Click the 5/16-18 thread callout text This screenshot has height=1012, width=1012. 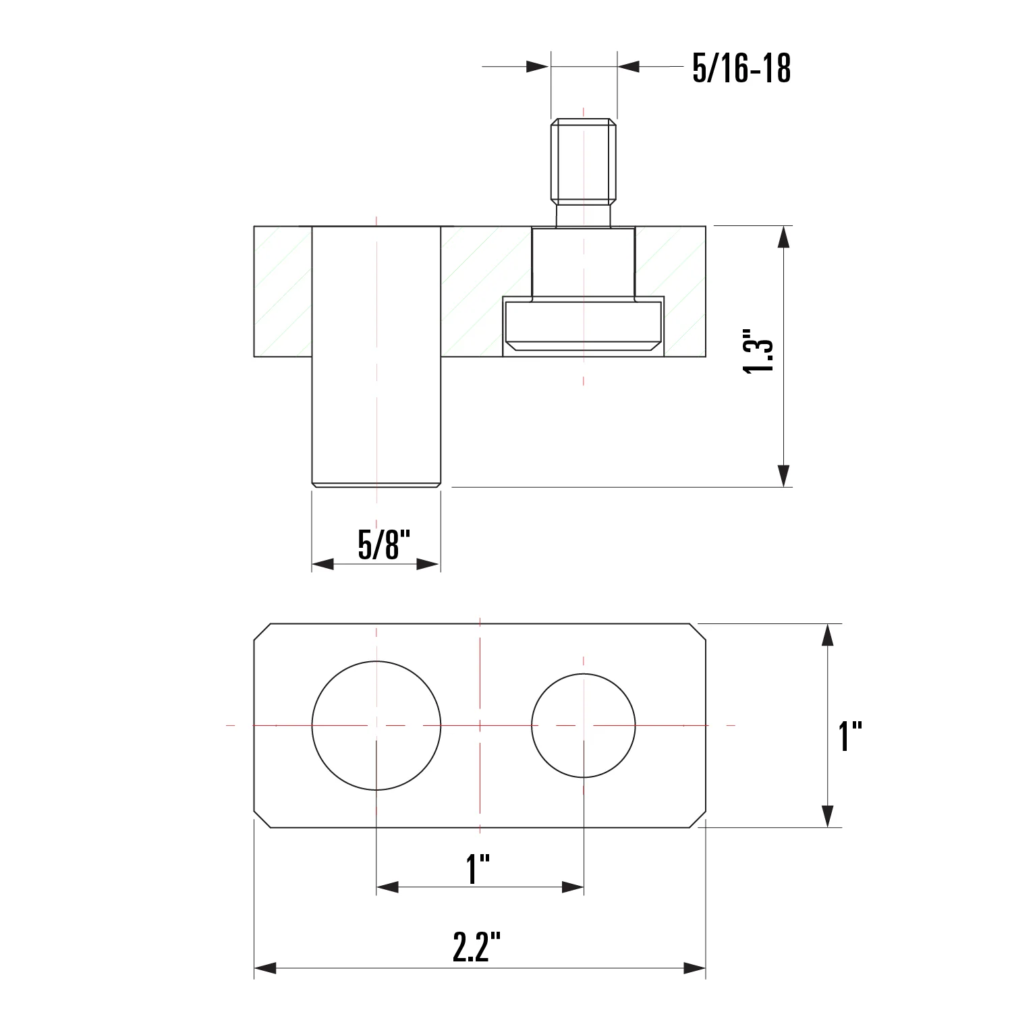click(x=741, y=68)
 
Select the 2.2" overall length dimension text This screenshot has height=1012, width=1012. click(x=476, y=947)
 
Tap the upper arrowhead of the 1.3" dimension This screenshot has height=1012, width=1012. click(x=783, y=237)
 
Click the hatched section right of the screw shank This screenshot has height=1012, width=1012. click(x=671, y=263)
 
